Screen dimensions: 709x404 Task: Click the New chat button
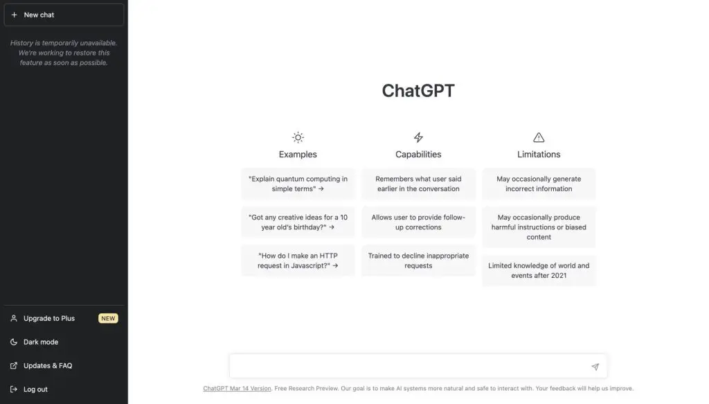pos(64,15)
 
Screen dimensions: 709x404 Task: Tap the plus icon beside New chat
pos(14,15)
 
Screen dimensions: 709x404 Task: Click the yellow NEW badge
pos(108,319)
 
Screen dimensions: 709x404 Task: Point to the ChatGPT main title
pos(418,91)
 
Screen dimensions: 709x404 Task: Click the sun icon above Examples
pos(298,137)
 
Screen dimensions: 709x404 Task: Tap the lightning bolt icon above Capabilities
pos(418,137)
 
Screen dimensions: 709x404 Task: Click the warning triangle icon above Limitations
pos(539,137)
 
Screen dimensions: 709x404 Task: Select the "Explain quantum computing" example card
pos(298,184)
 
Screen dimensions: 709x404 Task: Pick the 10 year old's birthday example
pos(298,222)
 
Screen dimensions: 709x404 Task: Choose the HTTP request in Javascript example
pos(298,261)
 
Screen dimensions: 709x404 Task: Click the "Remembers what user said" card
pos(418,184)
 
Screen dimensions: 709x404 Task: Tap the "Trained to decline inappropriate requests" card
pos(418,261)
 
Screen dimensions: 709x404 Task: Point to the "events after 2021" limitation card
pos(539,270)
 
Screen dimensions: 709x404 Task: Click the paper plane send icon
pos(595,367)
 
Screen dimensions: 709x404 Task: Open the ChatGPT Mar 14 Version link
pos(237,389)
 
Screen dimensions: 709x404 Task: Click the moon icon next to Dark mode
pos(14,342)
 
